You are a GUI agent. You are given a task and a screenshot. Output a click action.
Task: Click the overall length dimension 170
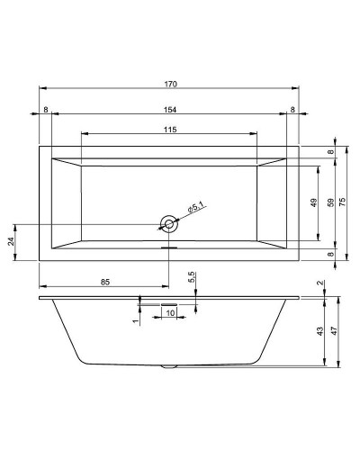[170, 84]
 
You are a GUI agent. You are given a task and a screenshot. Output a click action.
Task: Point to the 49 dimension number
[314, 202]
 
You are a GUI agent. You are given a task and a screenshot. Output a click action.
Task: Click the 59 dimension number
[329, 202]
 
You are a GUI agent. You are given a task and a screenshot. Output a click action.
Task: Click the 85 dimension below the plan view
[104, 283]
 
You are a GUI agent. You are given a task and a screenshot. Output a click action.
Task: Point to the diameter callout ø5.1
[196, 209]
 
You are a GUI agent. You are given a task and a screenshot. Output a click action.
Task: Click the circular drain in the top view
[168, 222]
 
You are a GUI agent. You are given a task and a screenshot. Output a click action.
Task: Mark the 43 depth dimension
[320, 332]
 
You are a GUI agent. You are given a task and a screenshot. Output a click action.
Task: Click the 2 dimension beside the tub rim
[320, 284]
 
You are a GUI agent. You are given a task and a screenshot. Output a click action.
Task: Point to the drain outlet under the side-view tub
[168, 366]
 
